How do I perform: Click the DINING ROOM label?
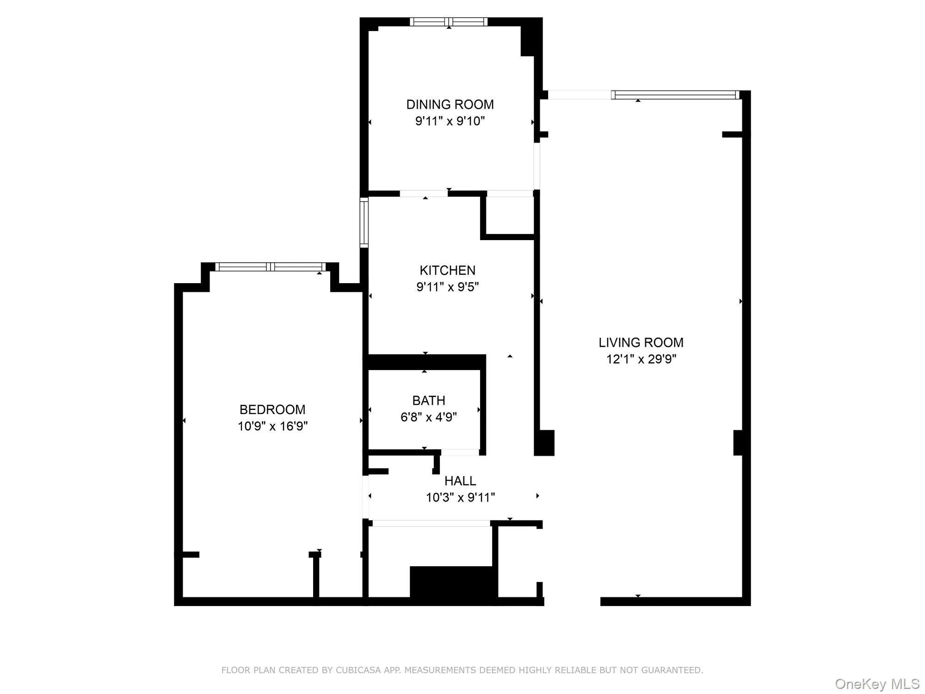(x=450, y=105)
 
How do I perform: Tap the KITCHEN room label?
(x=447, y=270)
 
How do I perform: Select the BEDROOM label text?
(x=272, y=409)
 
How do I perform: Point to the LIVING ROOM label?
(x=641, y=342)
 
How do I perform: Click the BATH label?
(x=429, y=400)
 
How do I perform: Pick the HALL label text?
(x=460, y=481)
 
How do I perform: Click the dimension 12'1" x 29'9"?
(x=641, y=359)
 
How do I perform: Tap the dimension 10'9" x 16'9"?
(x=272, y=426)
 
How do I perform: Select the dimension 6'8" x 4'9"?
(x=429, y=417)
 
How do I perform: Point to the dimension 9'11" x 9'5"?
(x=447, y=287)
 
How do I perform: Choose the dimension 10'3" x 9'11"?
(x=460, y=498)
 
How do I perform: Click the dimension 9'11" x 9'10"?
(x=450, y=121)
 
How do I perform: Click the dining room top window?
(x=449, y=22)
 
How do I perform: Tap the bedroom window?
(x=271, y=266)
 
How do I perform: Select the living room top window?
(x=675, y=95)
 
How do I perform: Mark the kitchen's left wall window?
(x=364, y=223)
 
